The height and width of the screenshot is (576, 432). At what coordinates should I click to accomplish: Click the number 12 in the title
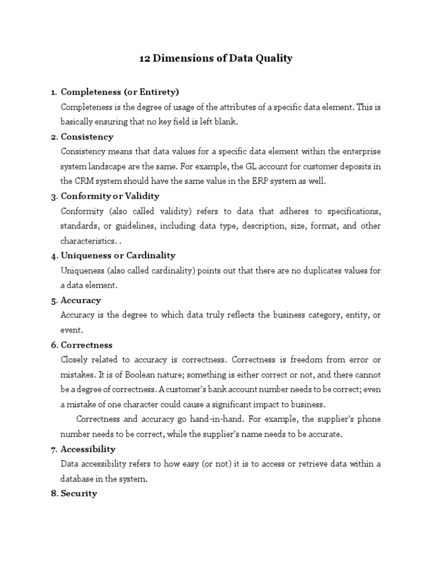pyautogui.click(x=145, y=58)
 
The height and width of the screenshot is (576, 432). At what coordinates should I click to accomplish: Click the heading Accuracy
pyautogui.click(x=81, y=300)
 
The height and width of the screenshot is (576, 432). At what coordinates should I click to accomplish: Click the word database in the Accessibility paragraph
pyautogui.click(x=77, y=479)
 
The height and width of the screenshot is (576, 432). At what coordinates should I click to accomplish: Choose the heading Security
pyautogui.click(x=79, y=493)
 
